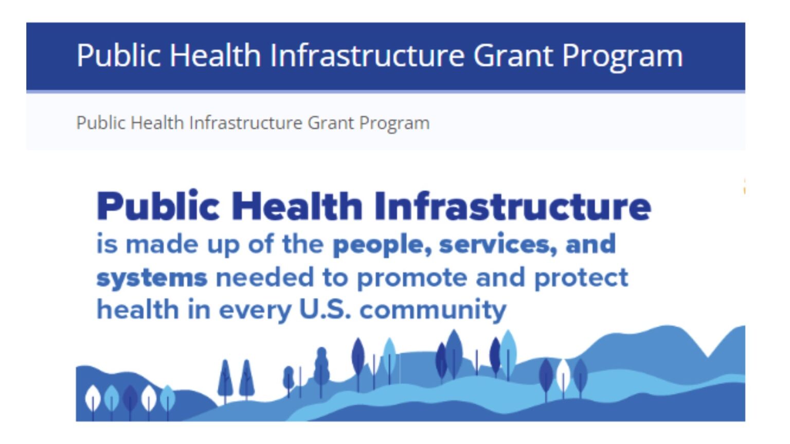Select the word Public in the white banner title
click(118, 55)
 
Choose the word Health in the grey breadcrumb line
click(157, 123)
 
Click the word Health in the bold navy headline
click(297, 206)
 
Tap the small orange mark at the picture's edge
click(744, 186)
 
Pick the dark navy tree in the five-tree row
click(130, 399)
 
